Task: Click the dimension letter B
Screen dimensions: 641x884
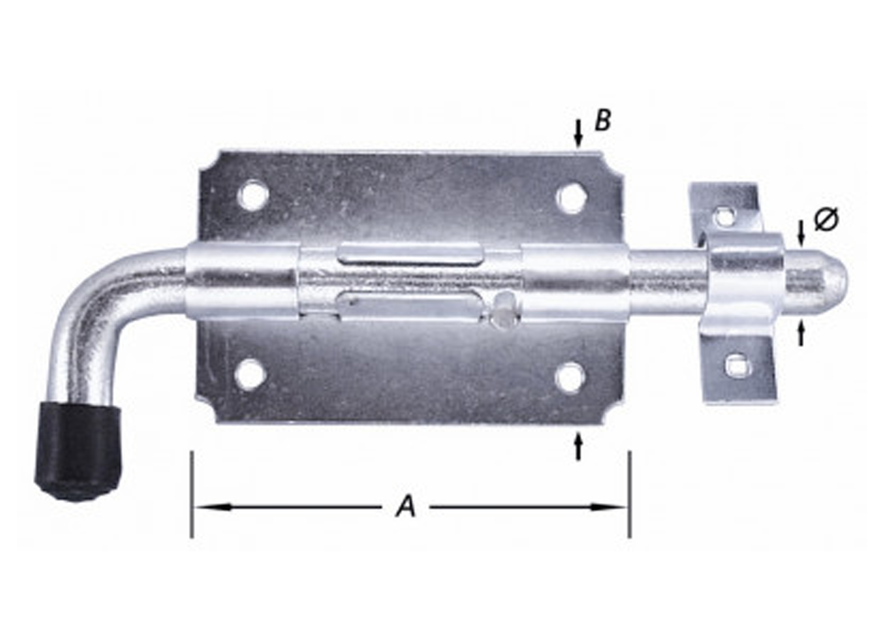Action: pyautogui.click(x=603, y=120)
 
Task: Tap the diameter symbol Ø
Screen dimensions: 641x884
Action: pyautogui.click(x=826, y=219)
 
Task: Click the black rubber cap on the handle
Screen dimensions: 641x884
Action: pyautogui.click(x=78, y=450)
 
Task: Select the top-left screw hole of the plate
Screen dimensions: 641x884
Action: pyautogui.click(x=253, y=195)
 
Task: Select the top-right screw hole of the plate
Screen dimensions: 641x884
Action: pyautogui.click(x=572, y=197)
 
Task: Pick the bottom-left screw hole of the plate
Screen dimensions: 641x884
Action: pyautogui.click(x=251, y=374)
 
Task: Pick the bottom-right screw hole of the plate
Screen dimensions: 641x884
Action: pyautogui.click(x=570, y=377)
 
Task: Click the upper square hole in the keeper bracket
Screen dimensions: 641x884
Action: pyautogui.click(x=724, y=215)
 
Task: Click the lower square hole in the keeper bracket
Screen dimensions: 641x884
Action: pyautogui.click(x=737, y=364)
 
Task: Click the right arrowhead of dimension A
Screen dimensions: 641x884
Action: pyautogui.click(x=609, y=506)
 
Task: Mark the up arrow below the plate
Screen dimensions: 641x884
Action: pyautogui.click(x=578, y=445)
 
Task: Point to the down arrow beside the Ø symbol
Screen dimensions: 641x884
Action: pyautogui.click(x=801, y=233)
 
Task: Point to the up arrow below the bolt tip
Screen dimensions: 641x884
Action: pyautogui.click(x=801, y=333)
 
